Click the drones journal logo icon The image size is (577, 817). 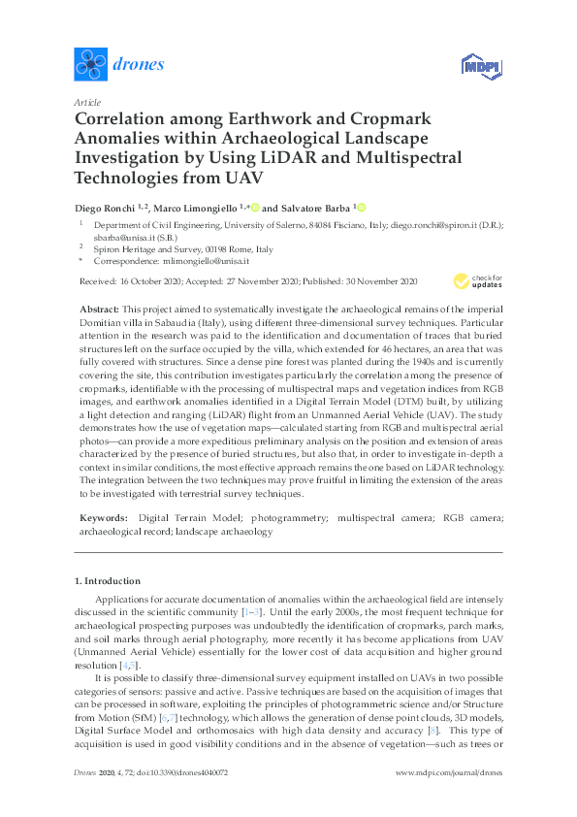pyautogui.click(x=91, y=65)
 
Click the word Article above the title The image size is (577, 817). pyautogui.click(x=86, y=102)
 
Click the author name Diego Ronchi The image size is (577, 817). pyautogui.click(x=102, y=208)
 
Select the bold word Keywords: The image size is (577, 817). pyautogui.click(x=104, y=518)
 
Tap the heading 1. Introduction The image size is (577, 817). pyautogui.click(x=108, y=580)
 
